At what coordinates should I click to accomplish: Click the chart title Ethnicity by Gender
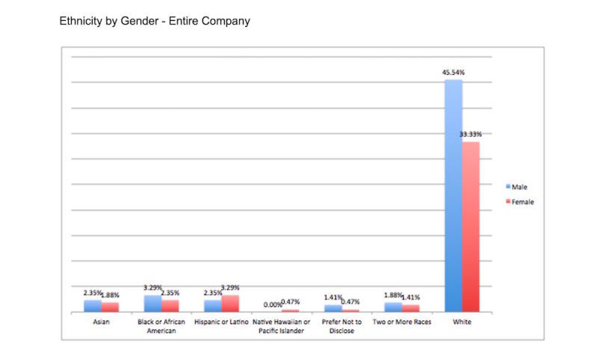155,22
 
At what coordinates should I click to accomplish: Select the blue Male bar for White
453,194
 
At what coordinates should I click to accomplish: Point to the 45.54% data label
452,72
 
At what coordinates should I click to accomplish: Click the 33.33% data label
471,134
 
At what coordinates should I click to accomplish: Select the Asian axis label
101,322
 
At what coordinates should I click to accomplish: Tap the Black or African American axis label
161,326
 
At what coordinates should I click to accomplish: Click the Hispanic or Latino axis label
221,322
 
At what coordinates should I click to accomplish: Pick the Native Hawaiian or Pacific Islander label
281,326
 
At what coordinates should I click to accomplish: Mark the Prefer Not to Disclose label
341,326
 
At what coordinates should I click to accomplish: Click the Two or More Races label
401,322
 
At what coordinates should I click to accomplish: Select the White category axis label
462,322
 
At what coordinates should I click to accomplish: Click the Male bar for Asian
92,305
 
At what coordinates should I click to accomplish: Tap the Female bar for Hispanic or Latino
230,303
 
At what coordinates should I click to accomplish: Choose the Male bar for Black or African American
152,303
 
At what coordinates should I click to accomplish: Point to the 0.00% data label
273,305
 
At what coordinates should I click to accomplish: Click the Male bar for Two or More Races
392,307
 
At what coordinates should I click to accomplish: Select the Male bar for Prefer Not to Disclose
333,308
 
